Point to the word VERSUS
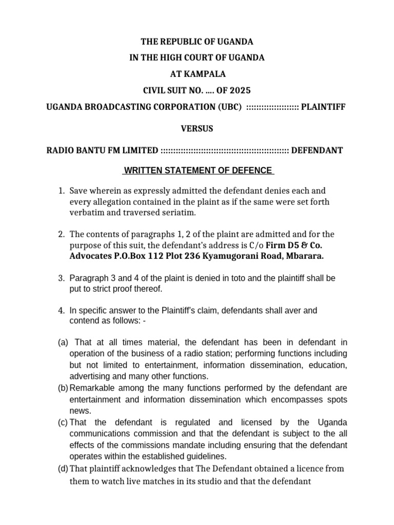196,129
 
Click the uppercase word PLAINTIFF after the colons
323,107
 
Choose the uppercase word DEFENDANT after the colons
318,150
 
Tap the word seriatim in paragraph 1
181,212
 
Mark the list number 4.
61,310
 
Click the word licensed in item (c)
242,422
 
